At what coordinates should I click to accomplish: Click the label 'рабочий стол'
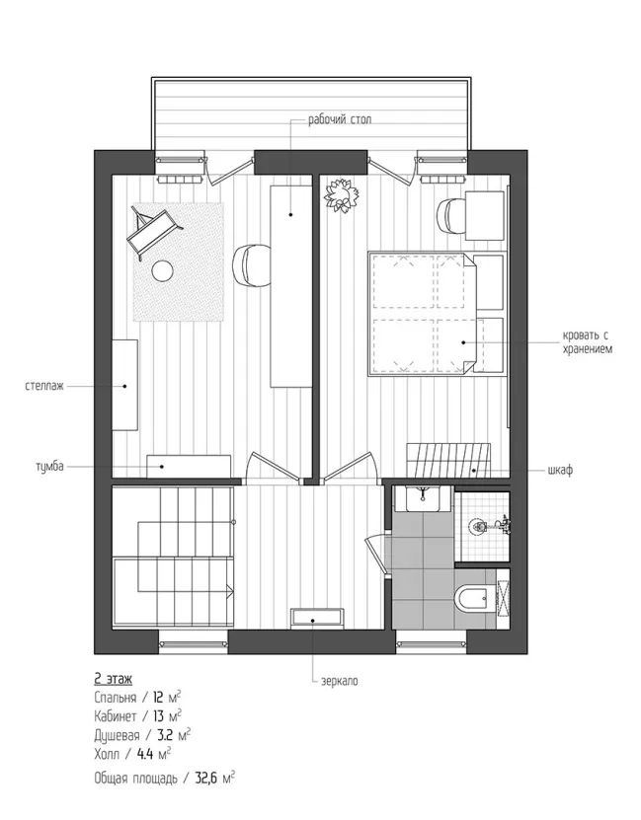(340, 119)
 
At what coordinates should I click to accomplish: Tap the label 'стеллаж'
(44, 387)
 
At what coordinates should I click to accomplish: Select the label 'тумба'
(49, 466)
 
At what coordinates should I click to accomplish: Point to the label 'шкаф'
(560, 470)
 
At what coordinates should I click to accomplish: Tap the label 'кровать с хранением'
(587, 342)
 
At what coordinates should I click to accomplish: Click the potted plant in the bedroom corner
(341, 196)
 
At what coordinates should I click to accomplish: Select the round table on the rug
(162, 270)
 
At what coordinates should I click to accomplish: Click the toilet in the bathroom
(473, 598)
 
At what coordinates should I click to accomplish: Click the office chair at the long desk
(251, 265)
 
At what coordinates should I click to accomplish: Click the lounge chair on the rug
(154, 233)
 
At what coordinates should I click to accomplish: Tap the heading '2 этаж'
(113, 679)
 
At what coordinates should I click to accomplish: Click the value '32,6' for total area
(206, 778)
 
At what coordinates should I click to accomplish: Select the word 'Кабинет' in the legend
(116, 715)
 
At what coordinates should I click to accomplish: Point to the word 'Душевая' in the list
(117, 735)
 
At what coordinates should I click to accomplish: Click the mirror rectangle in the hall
(318, 617)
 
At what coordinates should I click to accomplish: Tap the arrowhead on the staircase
(230, 589)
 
